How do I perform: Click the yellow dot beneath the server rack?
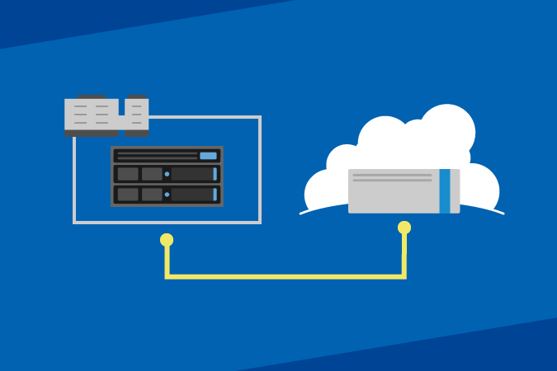tap(167, 240)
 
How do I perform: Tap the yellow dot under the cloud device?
tap(404, 228)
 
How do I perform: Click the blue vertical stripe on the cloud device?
tap(445, 191)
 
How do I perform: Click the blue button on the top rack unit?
tap(208, 156)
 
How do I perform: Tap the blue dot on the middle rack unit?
tap(167, 174)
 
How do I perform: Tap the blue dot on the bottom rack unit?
tap(167, 195)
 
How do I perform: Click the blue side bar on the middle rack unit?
tap(215, 174)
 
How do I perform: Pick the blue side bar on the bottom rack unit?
tap(215, 195)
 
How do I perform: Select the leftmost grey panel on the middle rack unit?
tap(128, 174)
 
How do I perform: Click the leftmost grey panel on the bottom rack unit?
tap(128, 195)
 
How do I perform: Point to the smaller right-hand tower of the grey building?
tap(137, 114)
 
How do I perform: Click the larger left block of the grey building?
tap(91, 114)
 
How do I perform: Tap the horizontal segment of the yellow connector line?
tap(285, 276)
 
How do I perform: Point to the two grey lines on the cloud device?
tap(392, 177)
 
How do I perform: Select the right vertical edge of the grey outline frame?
tap(260, 169)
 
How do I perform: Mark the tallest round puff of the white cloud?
tap(446, 130)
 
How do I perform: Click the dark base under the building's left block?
tap(91, 133)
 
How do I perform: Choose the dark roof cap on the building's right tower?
tap(137, 96)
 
